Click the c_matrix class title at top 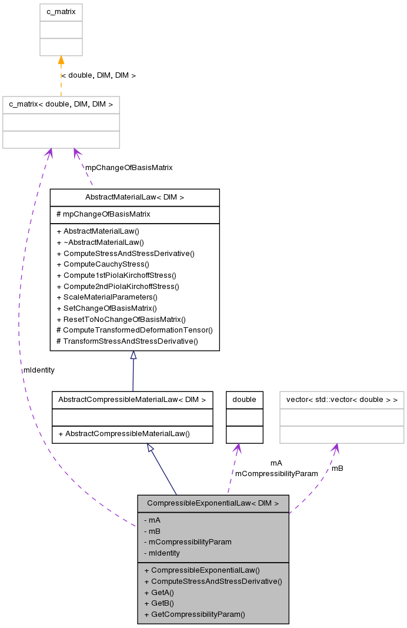point(61,12)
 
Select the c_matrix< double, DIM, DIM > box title point(61,105)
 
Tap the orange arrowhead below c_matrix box point(61,60)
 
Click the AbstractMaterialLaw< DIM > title point(135,197)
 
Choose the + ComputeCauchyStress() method point(103,264)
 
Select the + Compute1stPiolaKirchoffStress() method point(116,275)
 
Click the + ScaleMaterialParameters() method point(107,297)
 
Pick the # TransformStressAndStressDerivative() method point(127,341)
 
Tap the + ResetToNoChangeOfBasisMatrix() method point(121,319)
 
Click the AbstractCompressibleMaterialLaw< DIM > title point(132,400)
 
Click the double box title point(244,400)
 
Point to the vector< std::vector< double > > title point(342,400)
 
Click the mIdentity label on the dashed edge point(39,370)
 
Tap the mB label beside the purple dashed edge point(337,468)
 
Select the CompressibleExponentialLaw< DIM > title point(213,503)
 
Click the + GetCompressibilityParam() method point(194,614)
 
